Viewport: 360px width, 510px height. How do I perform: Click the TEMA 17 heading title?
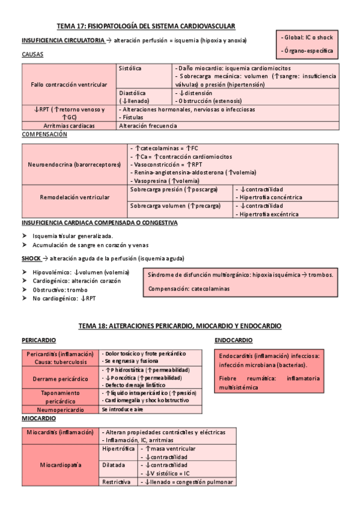pos(145,26)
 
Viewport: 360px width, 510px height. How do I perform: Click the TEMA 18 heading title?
pos(180,325)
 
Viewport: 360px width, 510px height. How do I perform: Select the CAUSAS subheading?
pos(32,54)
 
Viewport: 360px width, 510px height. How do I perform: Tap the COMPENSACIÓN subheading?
pos(44,135)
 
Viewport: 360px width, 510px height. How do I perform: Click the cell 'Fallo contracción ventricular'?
pos(69,84)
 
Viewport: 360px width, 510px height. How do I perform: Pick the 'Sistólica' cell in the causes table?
pos(130,69)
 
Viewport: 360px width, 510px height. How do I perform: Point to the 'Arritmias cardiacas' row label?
pos(69,126)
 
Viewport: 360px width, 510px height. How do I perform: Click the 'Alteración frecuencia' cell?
pos(148,126)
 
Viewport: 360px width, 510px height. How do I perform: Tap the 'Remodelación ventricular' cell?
pos(75,197)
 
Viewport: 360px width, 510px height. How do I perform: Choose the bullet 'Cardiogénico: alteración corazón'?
pos(81,281)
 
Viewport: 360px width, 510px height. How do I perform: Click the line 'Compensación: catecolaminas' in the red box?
pos(188,289)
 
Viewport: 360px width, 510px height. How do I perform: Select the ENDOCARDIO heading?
pos(234,340)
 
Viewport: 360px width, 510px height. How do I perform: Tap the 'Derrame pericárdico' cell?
pos(61,379)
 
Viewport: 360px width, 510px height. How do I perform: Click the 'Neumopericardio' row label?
pos(61,409)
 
